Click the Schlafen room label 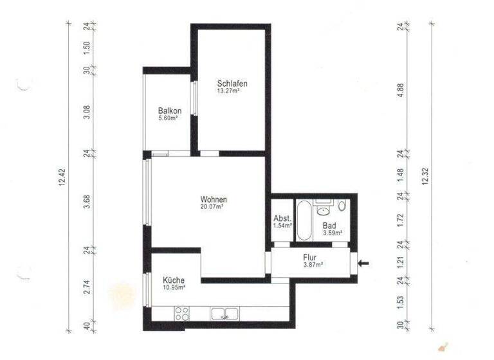pos(232,84)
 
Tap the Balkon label pos(169,111)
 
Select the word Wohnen pos(214,199)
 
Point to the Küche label pos(174,280)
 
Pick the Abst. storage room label pos(282,218)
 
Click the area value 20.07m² pos(212,207)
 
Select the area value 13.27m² pos(229,91)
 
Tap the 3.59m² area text pos(332,233)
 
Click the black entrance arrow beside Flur pos(365,262)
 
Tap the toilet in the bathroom pos(342,207)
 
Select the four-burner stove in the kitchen pos(182,314)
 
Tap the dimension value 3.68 pos(87,201)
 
